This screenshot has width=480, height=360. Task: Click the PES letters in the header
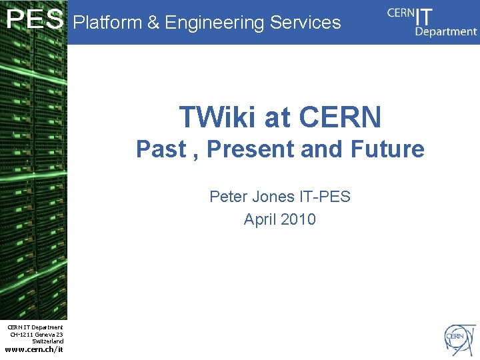pyautogui.click(x=35, y=21)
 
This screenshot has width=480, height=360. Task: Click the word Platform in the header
pyautogui.click(x=107, y=23)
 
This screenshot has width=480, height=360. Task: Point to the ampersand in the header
pyautogui.click(x=153, y=23)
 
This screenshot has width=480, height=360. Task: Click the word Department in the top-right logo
pyautogui.click(x=445, y=32)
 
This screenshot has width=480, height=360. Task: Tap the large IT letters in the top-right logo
pyautogui.click(x=424, y=16)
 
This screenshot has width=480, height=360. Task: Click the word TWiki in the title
pyautogui.click(x=217, y=117)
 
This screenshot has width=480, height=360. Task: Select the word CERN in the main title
pyautogui.click(x=340, y=117)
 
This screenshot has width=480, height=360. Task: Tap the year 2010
pyautogui.click(x=299, y=219)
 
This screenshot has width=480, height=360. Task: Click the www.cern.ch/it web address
pyautogui.click(x=34, y=349)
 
